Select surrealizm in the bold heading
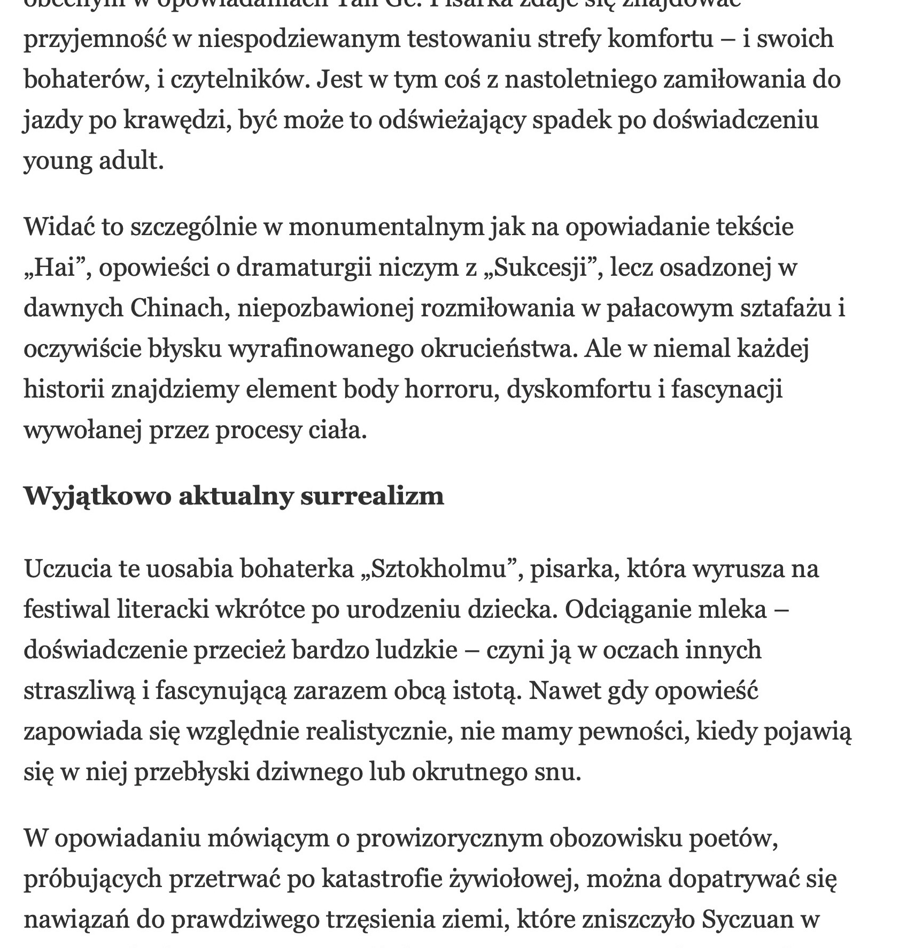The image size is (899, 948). tap(372, 496)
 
